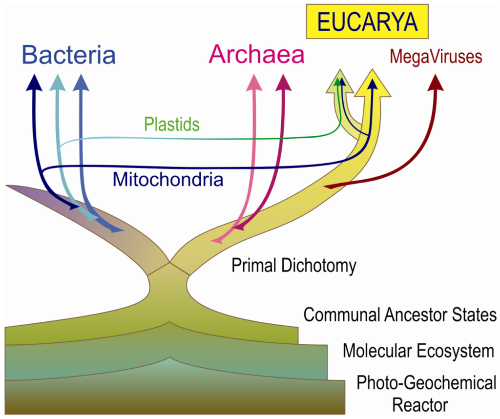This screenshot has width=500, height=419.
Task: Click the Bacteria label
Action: pyautogui.click(x=69, y=55)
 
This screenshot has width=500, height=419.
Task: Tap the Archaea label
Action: pyautogui.click(x=257, y=55)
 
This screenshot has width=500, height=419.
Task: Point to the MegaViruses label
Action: pyautogui.click(x=436, y=57)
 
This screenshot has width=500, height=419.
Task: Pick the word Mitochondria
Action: pyautogui.click(x=168, y=180)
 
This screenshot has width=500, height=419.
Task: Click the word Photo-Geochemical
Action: pyautogui.click(x=426, y=382)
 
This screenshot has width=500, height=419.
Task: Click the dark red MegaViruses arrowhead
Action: pyautogui.click(x=436, y=84)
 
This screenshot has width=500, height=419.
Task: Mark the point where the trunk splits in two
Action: pyautogui.click(x=169, y=264)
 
